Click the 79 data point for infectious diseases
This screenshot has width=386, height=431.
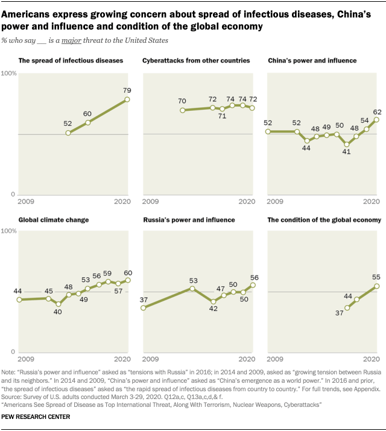click(127, 99)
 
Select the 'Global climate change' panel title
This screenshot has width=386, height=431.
click(54, 220)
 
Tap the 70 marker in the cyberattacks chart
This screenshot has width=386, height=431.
click(182, 110)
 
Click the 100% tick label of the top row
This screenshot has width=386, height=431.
click(10, 74)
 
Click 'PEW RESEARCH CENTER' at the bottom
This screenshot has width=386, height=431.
click(36, 417)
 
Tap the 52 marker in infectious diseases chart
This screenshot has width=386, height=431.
click(68, 133)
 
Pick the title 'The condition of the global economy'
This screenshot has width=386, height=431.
click(324, 220)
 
